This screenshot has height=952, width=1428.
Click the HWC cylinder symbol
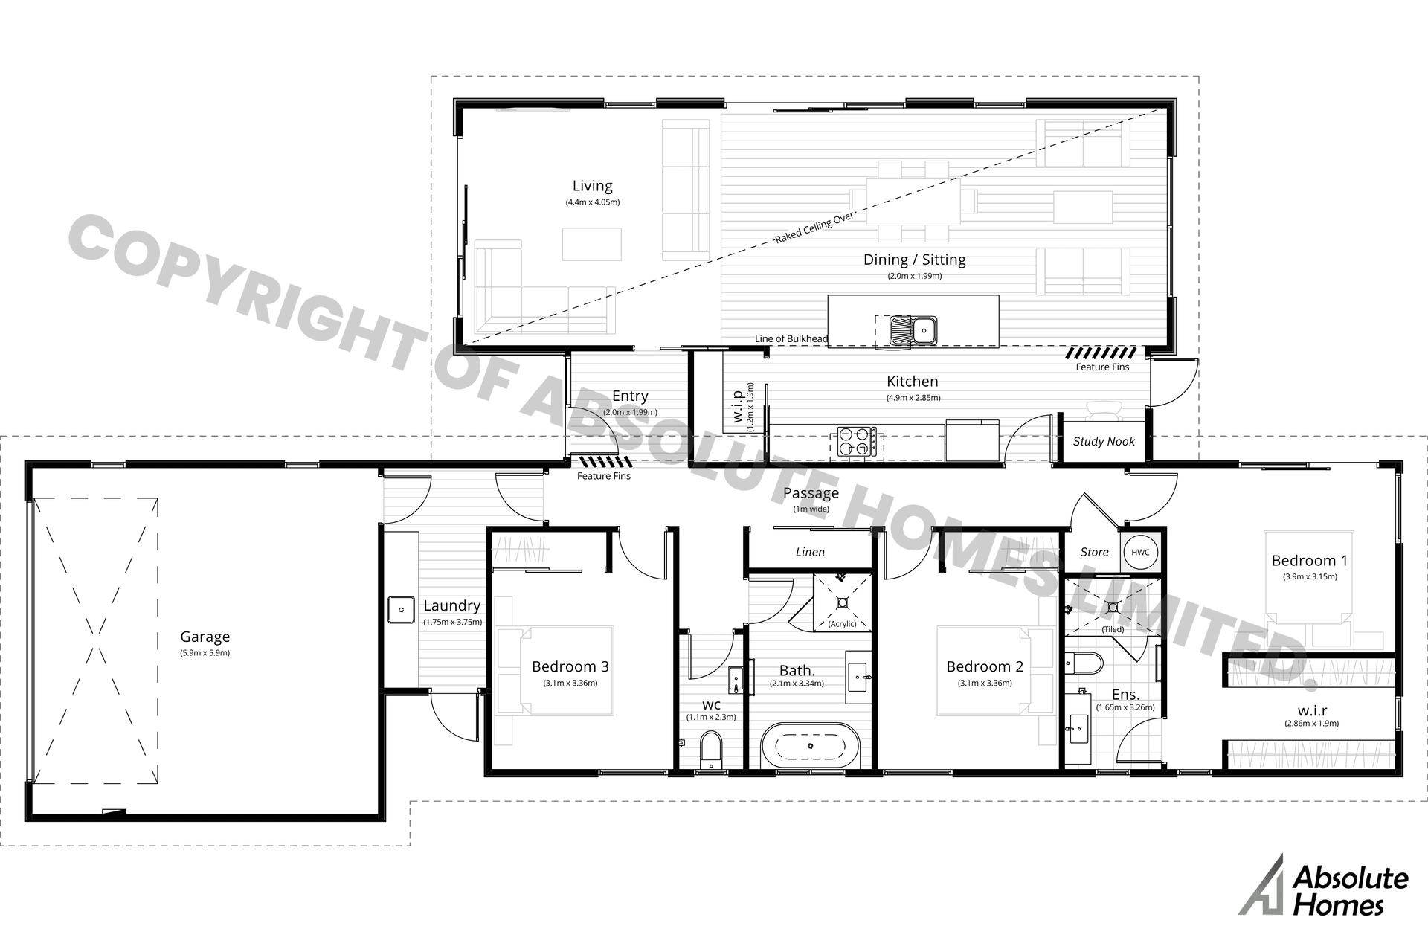tap(1140, 552)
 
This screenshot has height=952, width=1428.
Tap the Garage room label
tap(205, 637)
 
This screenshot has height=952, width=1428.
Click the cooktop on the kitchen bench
tap(856, 440)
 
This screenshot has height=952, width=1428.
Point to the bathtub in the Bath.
tap(810, 745)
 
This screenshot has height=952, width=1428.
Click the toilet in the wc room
tap(711, 750)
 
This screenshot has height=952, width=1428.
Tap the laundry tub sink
tap(401, 610)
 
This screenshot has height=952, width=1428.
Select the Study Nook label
tap(1103, 441)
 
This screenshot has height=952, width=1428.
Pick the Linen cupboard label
tap(810, 552)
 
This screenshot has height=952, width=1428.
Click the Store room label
tap(1094, 552)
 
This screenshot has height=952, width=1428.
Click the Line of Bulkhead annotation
tap(791, 338)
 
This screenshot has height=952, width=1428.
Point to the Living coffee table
tap(591, 244)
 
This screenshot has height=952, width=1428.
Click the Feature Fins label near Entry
tap(603, 476)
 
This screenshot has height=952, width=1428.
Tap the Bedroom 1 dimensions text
tap(1310, 576)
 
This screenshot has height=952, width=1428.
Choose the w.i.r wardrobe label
tap(1311, 711)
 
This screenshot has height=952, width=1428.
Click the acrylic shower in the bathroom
tap(843, 601)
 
